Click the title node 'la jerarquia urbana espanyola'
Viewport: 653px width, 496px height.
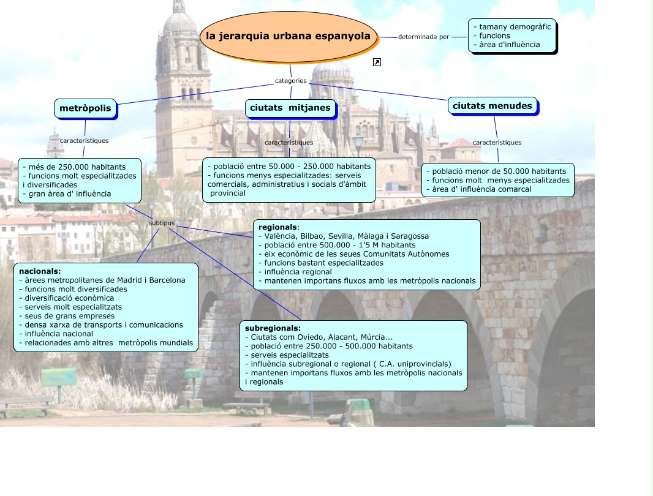(289, 36)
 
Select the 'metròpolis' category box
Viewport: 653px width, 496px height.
(85, 109)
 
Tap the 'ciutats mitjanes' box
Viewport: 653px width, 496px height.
(290, 108)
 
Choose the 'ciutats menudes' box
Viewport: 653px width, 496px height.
(493, 106)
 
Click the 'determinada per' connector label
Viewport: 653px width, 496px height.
(423, 37)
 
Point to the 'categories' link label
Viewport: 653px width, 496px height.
(290, 81)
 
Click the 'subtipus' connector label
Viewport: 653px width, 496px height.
(162, 223)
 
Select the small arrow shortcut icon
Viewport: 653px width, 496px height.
(377, 62)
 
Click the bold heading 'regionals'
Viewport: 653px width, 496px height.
(277, 227)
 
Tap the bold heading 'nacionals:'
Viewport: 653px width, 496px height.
(40, 271)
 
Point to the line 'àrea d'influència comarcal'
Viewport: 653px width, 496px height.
(481, 189)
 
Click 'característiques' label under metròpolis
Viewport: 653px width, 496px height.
(84, 141)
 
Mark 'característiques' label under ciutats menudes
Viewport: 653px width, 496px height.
(497, 143)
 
